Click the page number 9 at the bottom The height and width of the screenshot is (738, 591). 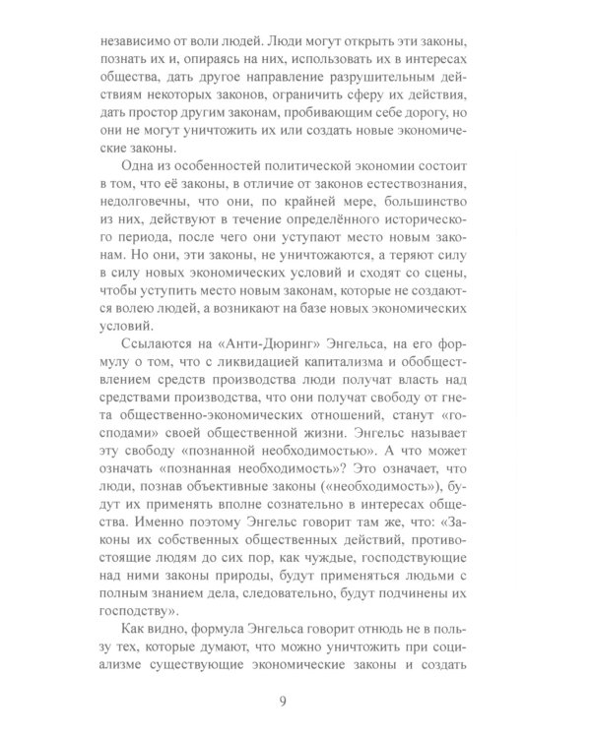tap(295, 700)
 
